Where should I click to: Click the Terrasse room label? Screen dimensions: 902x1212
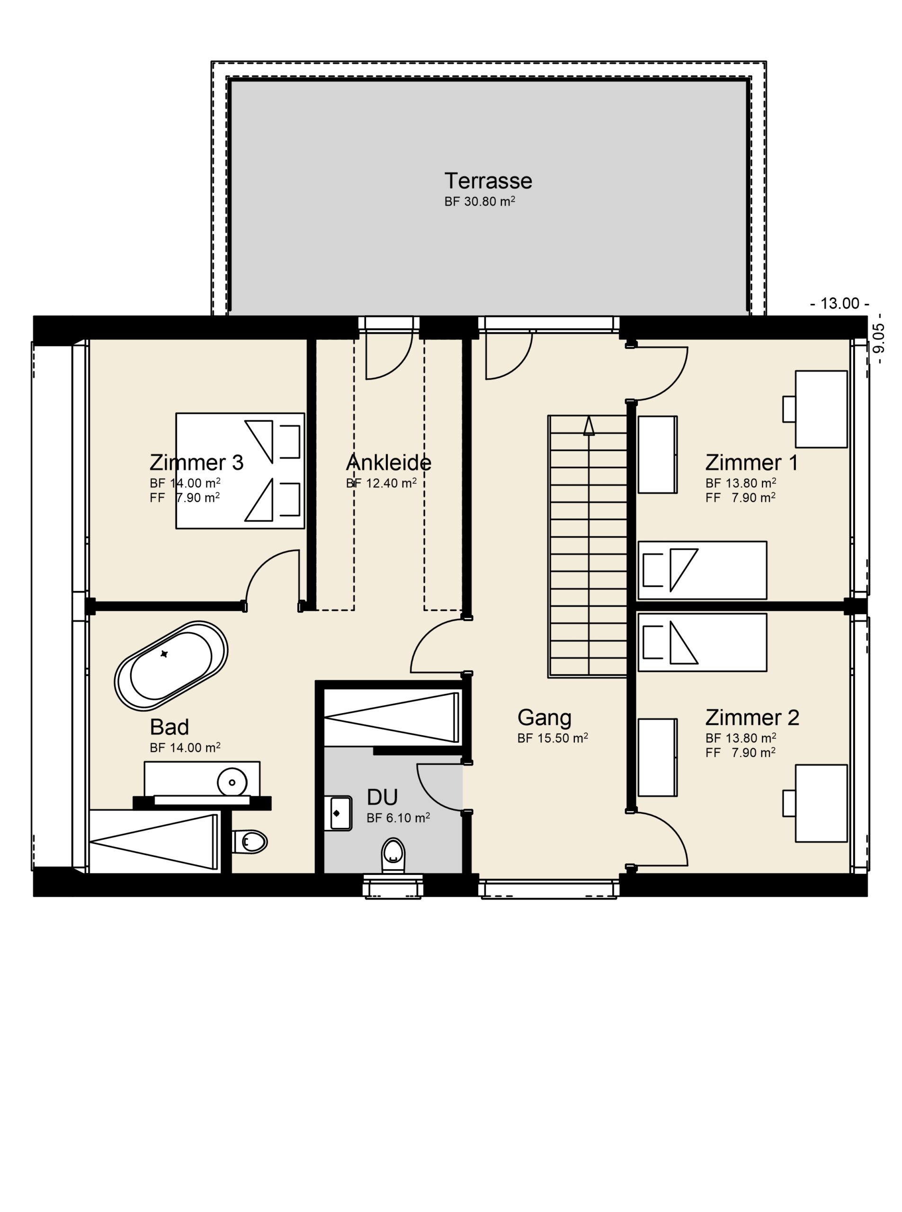pos(488,181)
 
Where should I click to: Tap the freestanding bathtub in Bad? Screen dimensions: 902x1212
pos(171,666)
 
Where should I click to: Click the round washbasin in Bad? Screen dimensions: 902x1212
pos(232,782)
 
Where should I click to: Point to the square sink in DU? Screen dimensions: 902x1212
pos(341,813)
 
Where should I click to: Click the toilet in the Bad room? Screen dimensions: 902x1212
pos(250,842)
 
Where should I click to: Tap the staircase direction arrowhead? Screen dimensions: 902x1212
pos(589,426)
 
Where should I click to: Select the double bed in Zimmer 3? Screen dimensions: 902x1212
pos(240,471)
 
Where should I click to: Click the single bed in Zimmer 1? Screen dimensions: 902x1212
pos(702,570)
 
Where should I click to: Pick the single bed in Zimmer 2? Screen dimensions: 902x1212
pos(702,642)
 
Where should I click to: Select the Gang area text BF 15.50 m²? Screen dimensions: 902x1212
pos(553,738)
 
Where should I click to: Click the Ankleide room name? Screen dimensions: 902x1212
pos(389,463)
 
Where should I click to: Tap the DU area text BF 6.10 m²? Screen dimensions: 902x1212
pos(398,818)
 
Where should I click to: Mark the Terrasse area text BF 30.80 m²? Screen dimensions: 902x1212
pos(480,202)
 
